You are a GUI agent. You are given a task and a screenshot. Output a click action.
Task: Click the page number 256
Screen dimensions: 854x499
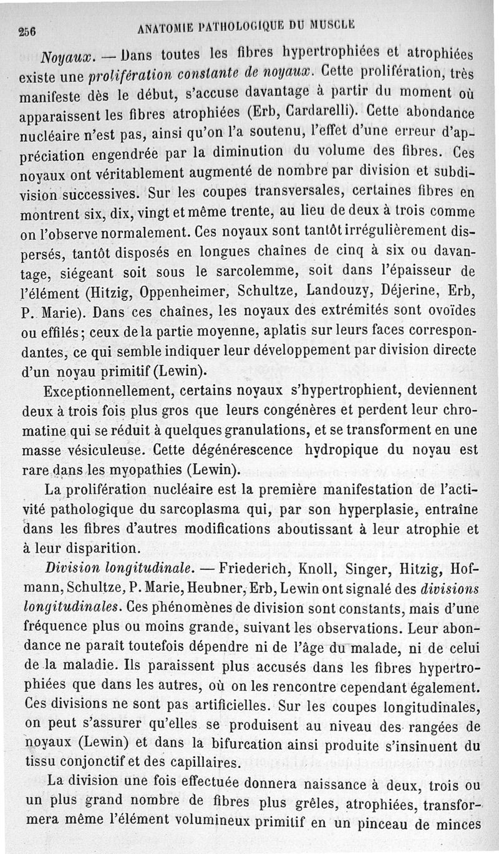click(27, 31)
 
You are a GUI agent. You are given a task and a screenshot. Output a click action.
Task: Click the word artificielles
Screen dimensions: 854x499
click(227, 706)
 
